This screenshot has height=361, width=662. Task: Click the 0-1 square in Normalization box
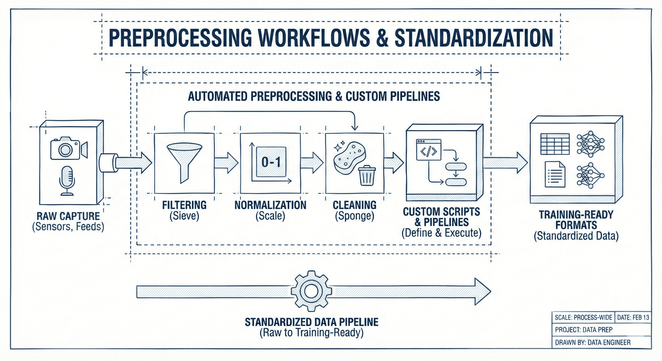[x=271, y=162]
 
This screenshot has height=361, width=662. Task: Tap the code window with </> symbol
[x=428, y=150]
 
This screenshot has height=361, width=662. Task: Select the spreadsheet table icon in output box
[x=555, y=144]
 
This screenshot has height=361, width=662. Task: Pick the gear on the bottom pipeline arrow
[x=311, y=291]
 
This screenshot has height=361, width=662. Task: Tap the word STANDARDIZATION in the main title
[x=474, y=38]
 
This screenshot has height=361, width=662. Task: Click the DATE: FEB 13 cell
[x=633, y=317]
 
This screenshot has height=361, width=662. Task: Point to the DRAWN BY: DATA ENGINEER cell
[x=593, y=342]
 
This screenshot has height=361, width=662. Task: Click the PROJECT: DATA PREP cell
[x=584, y=330]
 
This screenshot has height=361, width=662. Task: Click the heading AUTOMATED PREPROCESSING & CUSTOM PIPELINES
[x=314, y=96]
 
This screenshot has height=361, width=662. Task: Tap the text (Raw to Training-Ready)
[x=311, y=333]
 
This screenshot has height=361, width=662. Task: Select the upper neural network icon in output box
[x=591, y=144]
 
